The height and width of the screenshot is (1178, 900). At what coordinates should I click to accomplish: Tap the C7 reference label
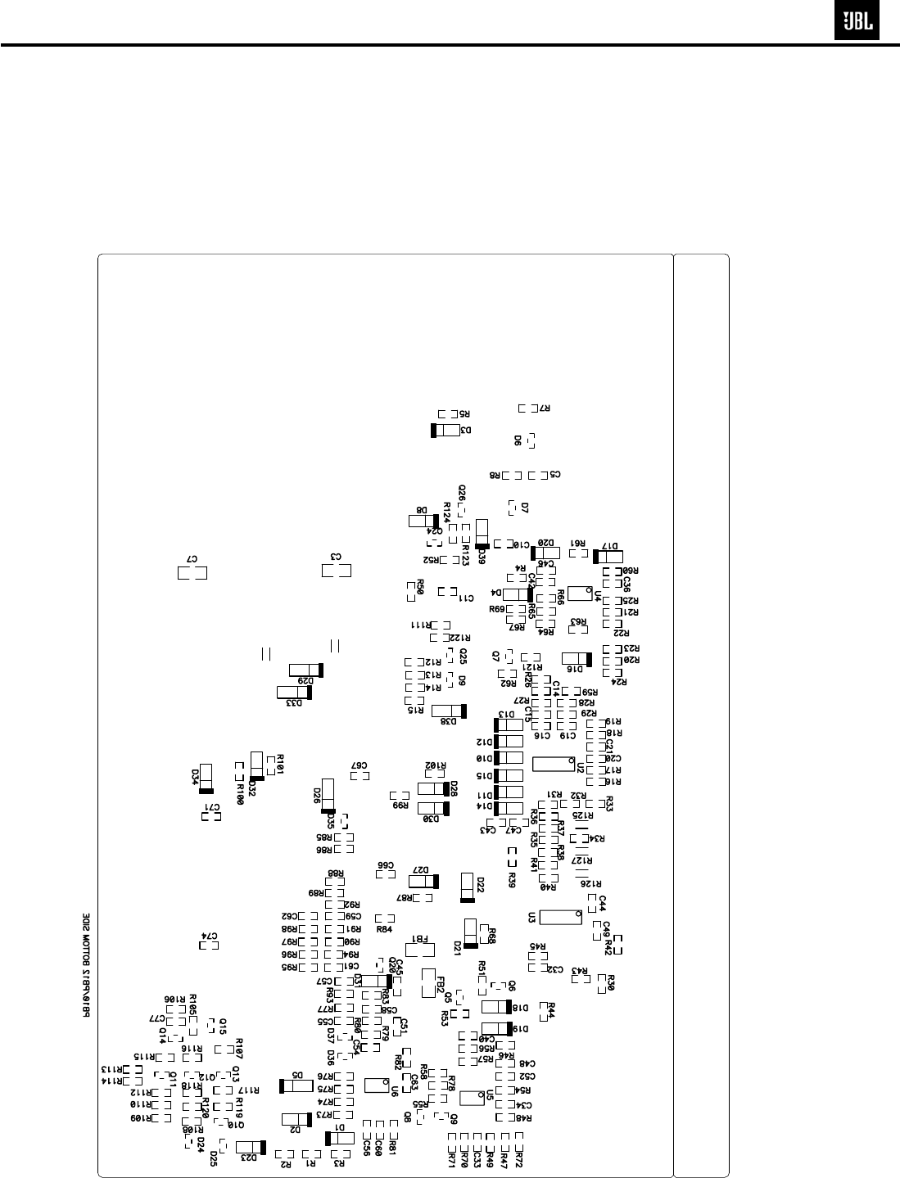point(192,557)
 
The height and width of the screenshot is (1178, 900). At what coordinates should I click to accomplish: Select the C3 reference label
point(335,557)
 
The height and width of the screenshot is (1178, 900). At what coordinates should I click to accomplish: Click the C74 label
point(210,935)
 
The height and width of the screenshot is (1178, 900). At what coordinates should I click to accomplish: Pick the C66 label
point(386,864)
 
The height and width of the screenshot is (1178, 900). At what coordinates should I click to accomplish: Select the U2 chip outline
point(554,764)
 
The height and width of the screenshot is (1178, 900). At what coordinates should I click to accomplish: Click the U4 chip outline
point(580,593)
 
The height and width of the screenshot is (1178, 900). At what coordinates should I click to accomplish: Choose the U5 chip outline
point(473,1097)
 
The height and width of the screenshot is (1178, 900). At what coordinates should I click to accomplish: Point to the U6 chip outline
point(376,1085)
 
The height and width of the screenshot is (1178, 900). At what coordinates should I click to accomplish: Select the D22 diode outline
point(468,887)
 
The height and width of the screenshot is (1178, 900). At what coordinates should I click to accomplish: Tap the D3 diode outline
point(446,430)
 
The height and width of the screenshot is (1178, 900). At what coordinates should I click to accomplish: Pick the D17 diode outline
point(609,557)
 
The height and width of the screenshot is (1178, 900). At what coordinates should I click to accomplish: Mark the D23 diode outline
point(250,1148)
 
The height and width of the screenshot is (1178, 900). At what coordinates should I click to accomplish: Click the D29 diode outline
point(307,670)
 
